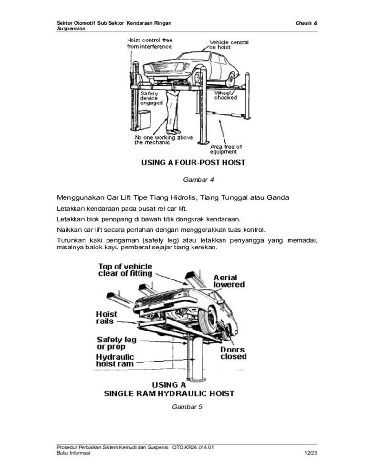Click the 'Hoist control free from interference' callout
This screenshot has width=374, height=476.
pyautogui.click(x=149, y=43)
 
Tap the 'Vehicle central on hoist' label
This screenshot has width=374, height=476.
pyautogui.click(x=229, y=45)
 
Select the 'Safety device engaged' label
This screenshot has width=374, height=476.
pyautogui.click(x=151, y=98)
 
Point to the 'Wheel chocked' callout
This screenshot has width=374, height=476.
pyautogui.click(x=225, y=95)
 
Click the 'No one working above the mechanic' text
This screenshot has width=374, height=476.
pyautogui.click(x=163, y=140)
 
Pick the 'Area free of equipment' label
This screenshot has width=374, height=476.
pyautogui.click(x=226, y=149)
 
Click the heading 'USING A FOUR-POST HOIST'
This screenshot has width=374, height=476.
pyautogui.click(x=193, y=163)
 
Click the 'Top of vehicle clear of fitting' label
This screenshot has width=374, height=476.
pyautogui.click(x=125, y=270)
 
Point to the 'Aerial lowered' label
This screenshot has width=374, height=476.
pyautogui.click(x=229, y=281)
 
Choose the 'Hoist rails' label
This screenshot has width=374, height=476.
pyautogui.click(x=106, y=318)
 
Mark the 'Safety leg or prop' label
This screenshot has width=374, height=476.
pyautogui.click(x=117, y=343)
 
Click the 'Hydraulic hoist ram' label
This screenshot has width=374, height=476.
pyautogui.click(x=115, y=361)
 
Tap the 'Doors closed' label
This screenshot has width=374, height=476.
pyautogui.click(x=233, y=353)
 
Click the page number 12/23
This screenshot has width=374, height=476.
pyautogui.click(x=310, y=453)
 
